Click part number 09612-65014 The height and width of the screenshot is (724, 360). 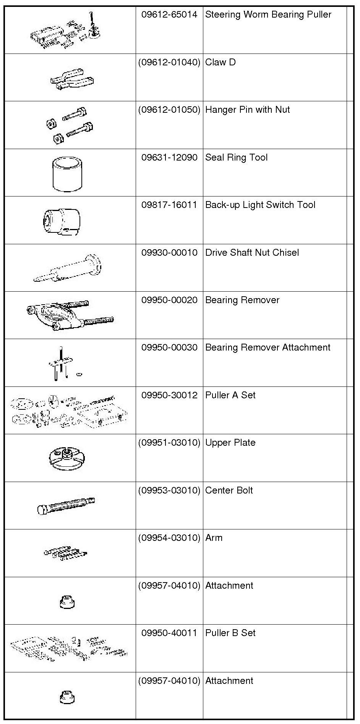(x=169, y=15)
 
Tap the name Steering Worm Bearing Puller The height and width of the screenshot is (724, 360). (x=268, y=15)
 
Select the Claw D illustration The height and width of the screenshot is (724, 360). (x=71, y=79)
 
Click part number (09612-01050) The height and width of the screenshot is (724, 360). (x=169, y=110)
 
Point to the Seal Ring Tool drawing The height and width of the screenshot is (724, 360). (x=67, y=174)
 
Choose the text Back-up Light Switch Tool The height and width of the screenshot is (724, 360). (x=260, y=205)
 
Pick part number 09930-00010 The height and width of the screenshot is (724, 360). (x=169, y=253)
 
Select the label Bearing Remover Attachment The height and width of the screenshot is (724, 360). (x=268, y=348)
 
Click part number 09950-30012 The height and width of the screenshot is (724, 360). (x=169, y=396)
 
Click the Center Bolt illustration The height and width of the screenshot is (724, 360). (x=66, y=505)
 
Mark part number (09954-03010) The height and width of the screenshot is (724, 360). (x=169, y=538)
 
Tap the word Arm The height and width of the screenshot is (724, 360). (x=214, y=538)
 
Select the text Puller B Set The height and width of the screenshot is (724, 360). (x=230, y=633)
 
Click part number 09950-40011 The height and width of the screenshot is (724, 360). (x=169, y=633)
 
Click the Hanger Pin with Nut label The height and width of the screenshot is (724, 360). (x=247, y=110)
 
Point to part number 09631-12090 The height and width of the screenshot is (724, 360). (x=169, y=158)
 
